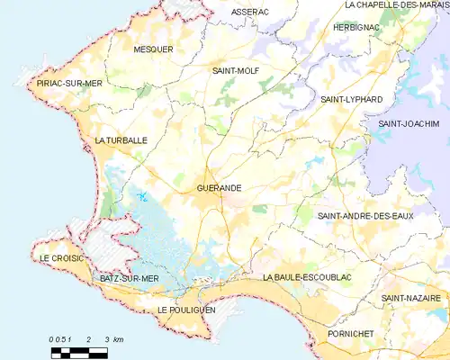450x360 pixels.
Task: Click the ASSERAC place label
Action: click(250, 12)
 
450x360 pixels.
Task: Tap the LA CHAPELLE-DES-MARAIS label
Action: click(396, 4)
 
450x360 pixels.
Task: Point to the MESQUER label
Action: click(152, 49)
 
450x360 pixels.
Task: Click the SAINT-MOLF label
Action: click(235, 69)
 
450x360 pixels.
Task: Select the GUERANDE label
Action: click(219, 188)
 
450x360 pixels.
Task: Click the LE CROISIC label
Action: click(61, 258)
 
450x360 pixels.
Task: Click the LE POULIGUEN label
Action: click(187, 309)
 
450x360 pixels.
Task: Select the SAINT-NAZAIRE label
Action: click(410, 298)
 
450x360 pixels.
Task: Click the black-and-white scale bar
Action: click(80, 346)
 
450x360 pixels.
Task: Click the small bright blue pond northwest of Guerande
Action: click(141, 197)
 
